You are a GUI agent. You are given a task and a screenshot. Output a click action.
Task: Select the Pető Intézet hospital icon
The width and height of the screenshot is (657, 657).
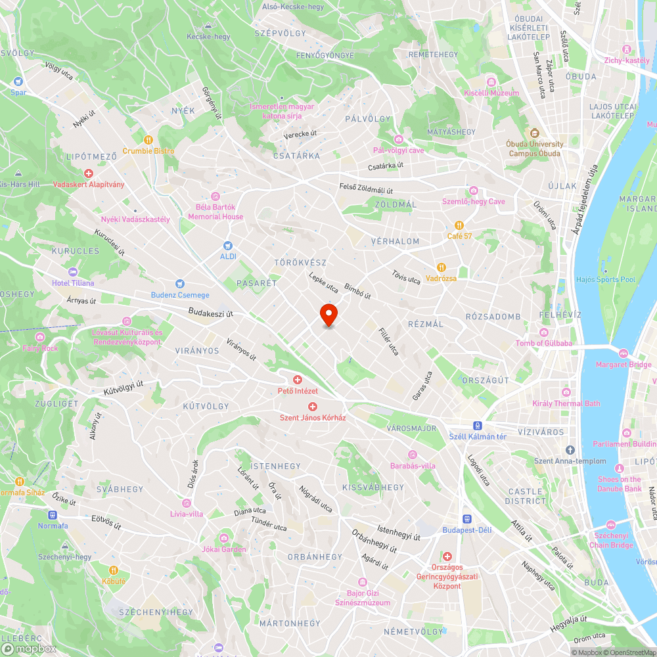click(x=297, y=380)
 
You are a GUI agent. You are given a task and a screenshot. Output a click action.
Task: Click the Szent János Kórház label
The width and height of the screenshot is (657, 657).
click(x=313, y=417)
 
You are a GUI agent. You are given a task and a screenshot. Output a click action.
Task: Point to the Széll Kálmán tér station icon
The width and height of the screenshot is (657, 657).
click(x=478, y=425)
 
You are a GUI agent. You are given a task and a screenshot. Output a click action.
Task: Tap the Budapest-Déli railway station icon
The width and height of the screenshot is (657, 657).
click(x=467, y=519)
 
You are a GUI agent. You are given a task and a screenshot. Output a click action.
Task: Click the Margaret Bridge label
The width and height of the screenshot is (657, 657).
click(x=623, y=365)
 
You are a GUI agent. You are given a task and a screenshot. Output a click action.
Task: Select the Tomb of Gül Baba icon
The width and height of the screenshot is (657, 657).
click(x=543, y=332)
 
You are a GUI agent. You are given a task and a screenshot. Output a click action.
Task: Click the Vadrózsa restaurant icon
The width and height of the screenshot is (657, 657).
click(x=442, y=267)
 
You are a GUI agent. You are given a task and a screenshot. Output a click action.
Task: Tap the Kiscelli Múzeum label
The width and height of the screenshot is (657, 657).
click(x=491, y=93)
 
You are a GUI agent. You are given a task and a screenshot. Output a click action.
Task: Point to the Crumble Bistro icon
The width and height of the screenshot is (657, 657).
click(x=148, y=139)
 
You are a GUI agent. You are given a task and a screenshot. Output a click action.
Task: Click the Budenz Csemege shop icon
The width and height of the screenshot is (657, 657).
click(x=180, y=284)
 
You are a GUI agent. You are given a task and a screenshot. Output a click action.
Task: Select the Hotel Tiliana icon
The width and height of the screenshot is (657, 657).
click(x=72, y=272)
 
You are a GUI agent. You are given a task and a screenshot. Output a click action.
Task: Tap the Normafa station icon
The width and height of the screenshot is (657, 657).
click(x=53, y=515)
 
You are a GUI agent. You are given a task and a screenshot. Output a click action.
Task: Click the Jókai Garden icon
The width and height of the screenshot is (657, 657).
click(x=224, y=538)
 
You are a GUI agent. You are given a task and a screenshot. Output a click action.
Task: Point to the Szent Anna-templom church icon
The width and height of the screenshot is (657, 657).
click(x=570, y=450)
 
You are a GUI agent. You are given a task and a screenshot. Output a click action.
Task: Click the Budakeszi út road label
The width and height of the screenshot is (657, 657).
click(x=211, y=313)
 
